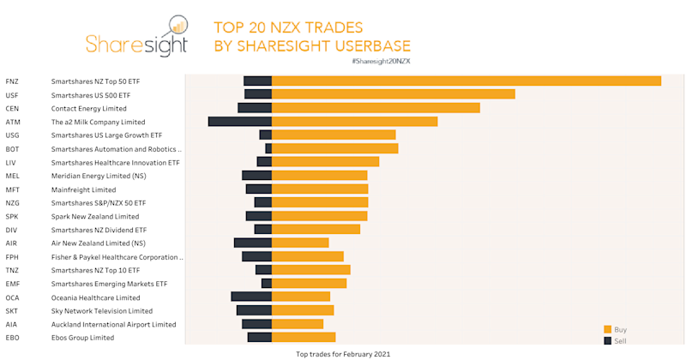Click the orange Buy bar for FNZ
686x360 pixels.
click(x=466, y=81)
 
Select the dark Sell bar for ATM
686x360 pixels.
click(x=240, y=122)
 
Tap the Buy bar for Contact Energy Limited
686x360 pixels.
click(x=376, y=108)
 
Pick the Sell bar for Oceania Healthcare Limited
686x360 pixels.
click(x=251, y=297)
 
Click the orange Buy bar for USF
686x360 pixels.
click(x=393, y=94)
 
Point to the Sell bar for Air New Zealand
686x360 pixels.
click(x=253, y=243)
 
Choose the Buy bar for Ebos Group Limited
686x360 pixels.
click(x=304, y=338)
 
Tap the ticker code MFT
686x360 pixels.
click(x=12, y=189)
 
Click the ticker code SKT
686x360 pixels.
click(x=12, y=311)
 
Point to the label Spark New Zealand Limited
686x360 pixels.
click(x=95, y=217)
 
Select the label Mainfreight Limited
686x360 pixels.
click(x=83, y=189)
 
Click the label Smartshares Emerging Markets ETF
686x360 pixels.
click(x=109, y=284)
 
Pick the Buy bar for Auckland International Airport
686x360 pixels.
click(x=298, y=324)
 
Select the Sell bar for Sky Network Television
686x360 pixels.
click(x=254, y=311)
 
